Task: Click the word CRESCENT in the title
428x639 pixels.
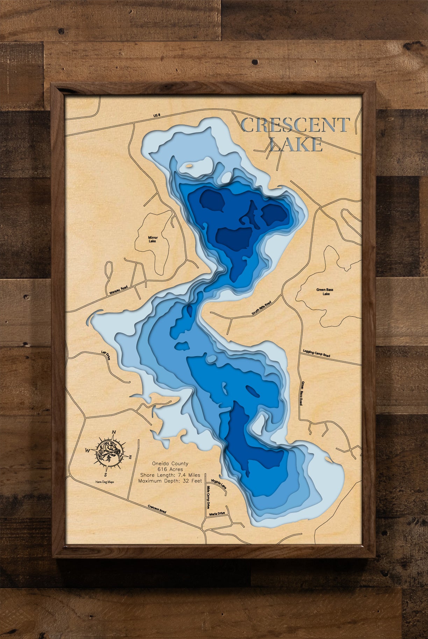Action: coord(295,125)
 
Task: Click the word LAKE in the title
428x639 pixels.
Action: coord(296,144)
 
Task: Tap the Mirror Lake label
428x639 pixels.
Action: coord(152,239)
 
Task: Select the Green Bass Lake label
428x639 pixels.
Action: coord(325,292)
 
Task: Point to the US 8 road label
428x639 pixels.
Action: coord(157,115)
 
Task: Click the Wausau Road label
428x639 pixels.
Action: coord(119,290)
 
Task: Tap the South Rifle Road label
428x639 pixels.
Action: coord(262,308)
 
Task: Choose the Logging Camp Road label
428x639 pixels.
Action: coord(316,353)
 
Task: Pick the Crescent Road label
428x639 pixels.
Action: coord(157,509)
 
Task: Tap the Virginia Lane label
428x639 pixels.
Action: coord(219,484)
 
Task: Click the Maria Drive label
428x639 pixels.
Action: coord(217,514)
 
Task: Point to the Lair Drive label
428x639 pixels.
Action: coord(106,356)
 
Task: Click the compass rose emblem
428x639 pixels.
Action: coord(109,454)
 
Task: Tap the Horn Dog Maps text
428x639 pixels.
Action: coord(105,482)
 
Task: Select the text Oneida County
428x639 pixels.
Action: coord(170,464)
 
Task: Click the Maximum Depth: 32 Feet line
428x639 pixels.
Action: coord(170,481)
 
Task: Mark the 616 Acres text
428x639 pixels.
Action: coord(170,469)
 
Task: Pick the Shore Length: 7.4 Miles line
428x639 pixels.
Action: coord(170,475)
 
